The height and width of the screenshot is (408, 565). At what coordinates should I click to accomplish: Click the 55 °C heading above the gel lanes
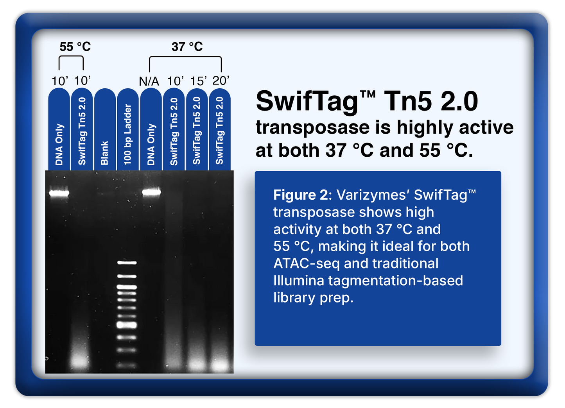coord(75,47)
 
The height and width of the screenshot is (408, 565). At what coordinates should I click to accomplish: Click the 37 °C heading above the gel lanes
coord(187,47)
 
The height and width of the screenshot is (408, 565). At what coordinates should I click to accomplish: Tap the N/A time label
coord(149,81)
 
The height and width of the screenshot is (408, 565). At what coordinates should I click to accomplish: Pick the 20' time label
coord(221,81)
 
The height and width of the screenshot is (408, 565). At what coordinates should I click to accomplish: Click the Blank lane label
coord(104,153)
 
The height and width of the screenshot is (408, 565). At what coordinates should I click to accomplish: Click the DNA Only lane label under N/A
coord(151,144)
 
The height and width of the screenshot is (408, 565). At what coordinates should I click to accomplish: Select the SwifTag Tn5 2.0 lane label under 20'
coord(220,131)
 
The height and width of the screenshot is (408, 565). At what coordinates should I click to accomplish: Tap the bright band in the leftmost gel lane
coord(59,193)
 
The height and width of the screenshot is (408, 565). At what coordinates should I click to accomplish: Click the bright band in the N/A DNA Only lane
coord(151,192)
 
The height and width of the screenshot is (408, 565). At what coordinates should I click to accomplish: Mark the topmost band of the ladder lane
coord(127,263)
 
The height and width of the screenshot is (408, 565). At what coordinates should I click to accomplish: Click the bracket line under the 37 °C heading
coord(185,57)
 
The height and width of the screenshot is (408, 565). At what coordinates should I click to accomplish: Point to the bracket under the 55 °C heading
coord(71,57)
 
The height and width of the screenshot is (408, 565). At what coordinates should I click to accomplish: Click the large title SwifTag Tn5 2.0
coord(366,102)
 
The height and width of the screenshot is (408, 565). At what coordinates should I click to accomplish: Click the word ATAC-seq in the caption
coord(306,263)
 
